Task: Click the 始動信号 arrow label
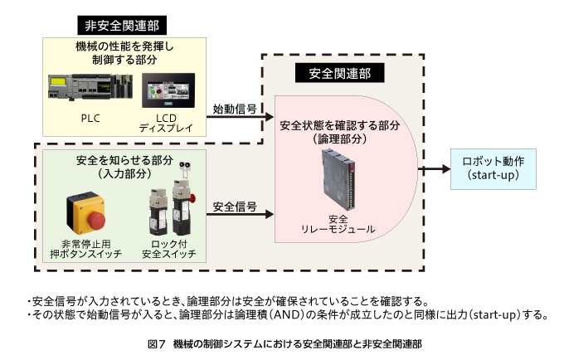point(234,109)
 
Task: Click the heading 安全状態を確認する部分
point(340,125)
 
